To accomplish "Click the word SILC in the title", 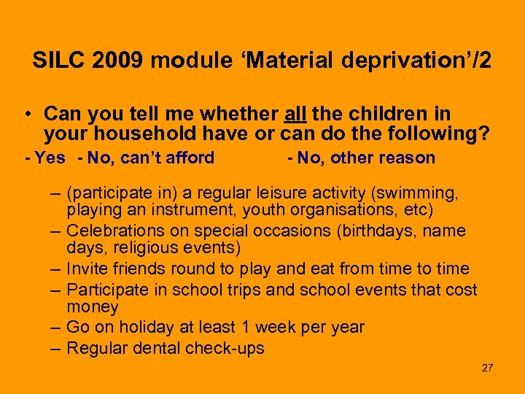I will coord(55,61).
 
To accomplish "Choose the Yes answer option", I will coord(50,158).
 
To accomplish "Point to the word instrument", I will coord(179,212).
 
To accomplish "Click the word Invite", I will coord(87,269).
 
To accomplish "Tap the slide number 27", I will coord(487,368).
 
